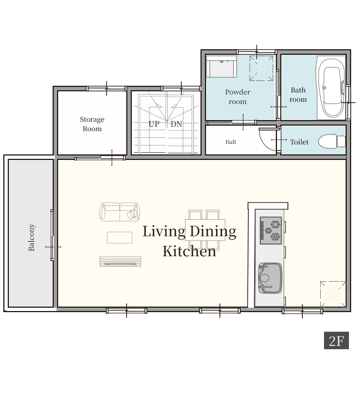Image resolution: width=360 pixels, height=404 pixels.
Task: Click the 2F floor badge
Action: pos(336,340)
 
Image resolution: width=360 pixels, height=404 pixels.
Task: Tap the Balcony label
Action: pos(32,237)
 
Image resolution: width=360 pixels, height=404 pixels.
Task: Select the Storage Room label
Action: pos(92,124)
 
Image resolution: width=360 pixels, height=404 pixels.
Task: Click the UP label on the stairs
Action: pos(154,124)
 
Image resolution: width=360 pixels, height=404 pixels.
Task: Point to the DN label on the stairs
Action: pos(176,124)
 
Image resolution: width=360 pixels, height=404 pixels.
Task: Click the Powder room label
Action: pos(238,97)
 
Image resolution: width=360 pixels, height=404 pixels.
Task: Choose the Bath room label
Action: pos(298,95)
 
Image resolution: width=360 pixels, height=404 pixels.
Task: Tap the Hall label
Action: pos(230,142)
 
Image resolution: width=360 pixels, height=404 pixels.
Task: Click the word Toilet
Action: pos(299,142)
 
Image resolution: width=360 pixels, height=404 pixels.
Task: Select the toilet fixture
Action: pos(332,141)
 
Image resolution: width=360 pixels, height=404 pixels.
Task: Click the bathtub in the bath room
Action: pos(331,88)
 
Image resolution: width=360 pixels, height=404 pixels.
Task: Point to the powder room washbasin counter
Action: pos(222,66)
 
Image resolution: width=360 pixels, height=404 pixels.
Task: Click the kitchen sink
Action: pos(270,278)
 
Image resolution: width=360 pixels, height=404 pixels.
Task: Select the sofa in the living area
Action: pos(120,212)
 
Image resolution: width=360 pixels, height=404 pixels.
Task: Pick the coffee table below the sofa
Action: pos(120,237)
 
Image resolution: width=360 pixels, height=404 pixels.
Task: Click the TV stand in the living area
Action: pos(120,262)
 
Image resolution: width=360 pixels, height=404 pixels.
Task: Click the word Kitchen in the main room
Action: pos(189,251)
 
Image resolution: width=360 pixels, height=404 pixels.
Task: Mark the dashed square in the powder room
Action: pos(261,68)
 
